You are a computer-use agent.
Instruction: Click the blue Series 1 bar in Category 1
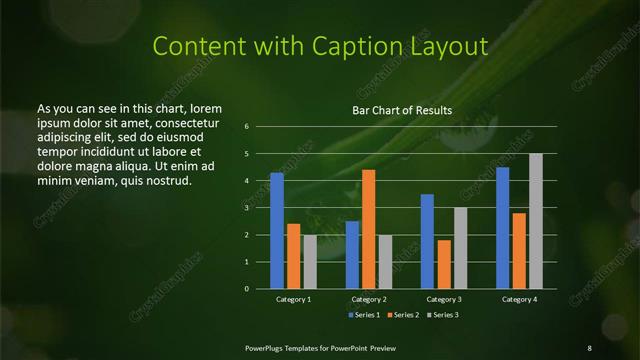(x=277, y=230)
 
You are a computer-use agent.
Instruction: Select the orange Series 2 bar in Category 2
(x=368, y=229)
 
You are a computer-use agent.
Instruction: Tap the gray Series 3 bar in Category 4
(x=536, y=221)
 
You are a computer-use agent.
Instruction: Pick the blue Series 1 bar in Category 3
(x=427, y=241)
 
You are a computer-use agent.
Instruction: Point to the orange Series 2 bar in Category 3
(x=443, y=264)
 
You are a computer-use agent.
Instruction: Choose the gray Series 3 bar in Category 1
(x=310, y=261)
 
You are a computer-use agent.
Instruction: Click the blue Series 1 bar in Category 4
(x=502, y=227)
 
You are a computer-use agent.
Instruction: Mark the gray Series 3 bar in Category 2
(x=385, y=261)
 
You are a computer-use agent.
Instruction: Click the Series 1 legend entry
(x=363, y=315)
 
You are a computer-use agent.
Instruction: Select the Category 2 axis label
(x=369, y=299)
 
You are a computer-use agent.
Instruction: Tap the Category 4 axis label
(x=519, y=299)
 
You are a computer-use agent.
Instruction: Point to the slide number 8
(x=589, y=347)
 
